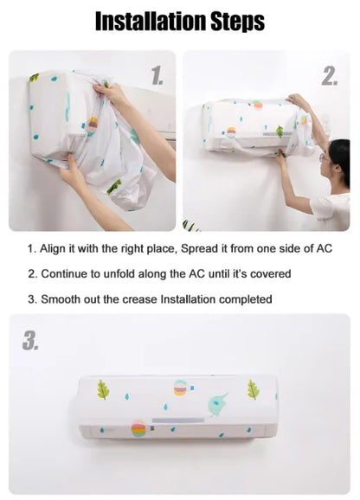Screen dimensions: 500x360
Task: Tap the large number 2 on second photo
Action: click(x=329, y=76)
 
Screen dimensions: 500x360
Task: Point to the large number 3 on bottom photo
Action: click(x=30, y=341)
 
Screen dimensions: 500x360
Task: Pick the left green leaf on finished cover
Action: click(x=103, y=389)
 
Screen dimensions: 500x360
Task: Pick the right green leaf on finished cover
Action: click(x=253, y=389)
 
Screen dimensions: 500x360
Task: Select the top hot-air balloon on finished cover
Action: click(x=181, y=388)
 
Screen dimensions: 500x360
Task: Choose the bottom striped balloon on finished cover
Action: click(x=138, y=428)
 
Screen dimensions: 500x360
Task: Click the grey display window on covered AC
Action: click(x=177, y=422)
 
